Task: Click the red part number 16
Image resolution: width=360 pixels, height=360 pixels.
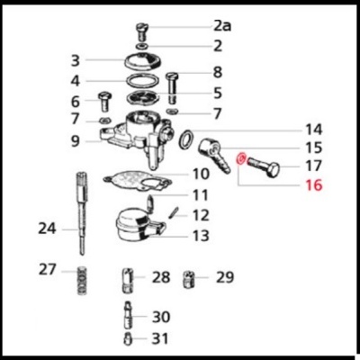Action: pyautogui.click(x=313, y=186)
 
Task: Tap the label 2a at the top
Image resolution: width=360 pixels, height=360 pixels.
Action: pyautogui.click(x=221, y=26)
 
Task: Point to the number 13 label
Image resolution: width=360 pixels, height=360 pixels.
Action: pyautogui.click(x=200, y=236)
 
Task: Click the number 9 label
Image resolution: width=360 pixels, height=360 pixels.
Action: pyautogui.click(x=76, y=140)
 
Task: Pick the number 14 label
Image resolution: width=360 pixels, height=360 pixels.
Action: pyautogui.click(x=312, y=129)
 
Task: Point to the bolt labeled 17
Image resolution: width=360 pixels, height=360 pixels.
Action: pyautogui.click(x=266, y=167)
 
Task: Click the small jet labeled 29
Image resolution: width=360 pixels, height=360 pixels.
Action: pyautogui.click(x=190, y=276)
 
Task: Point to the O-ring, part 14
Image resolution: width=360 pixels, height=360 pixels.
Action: pyautogui.click(x=186, y=140)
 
